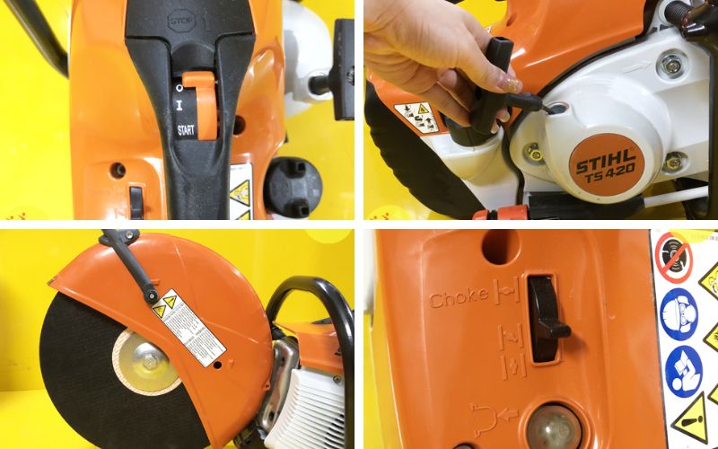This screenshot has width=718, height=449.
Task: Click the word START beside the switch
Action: click(186, 131)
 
